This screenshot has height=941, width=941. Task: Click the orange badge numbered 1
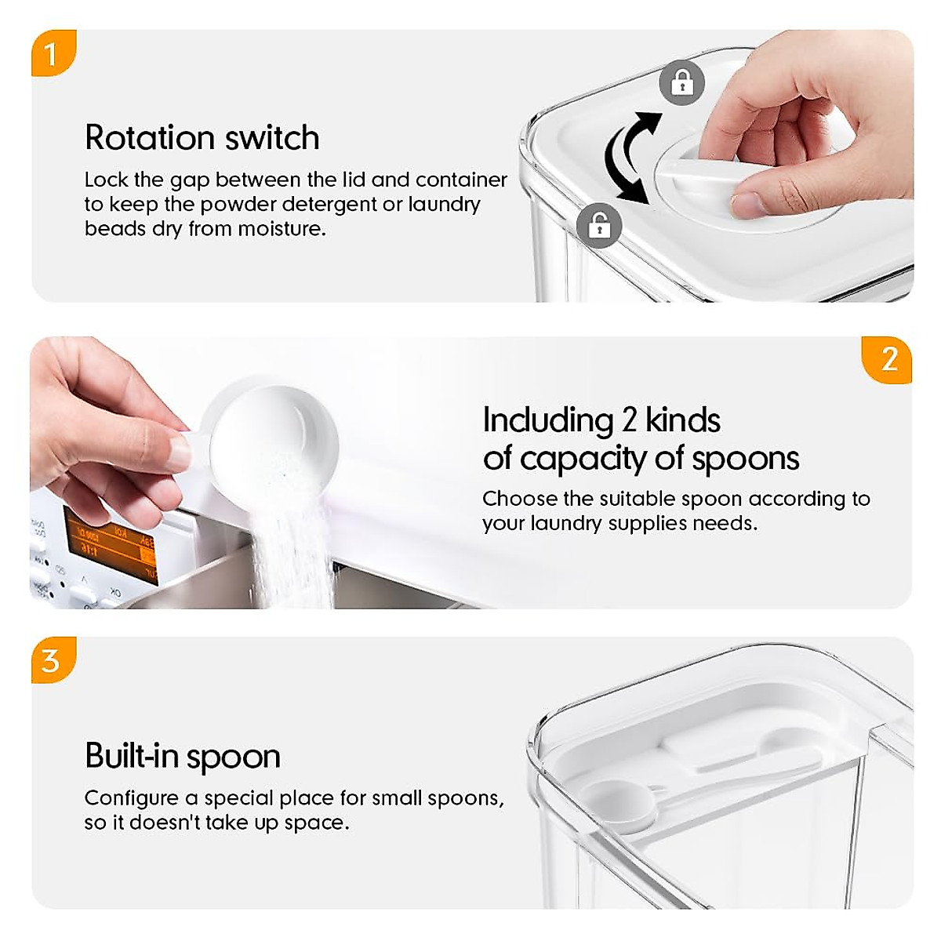point(52,53)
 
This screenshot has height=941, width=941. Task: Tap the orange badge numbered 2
point(888,360)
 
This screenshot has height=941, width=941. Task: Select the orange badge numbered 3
point(52,660)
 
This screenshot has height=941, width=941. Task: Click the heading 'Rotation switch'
point(202,138)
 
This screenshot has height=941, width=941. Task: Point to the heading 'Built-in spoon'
point(182,757)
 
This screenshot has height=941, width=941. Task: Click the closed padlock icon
point(681,82)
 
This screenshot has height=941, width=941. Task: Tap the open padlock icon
point(599,226)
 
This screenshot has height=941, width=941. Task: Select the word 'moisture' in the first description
point(280,229)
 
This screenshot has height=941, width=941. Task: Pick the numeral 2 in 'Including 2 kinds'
point(629,420)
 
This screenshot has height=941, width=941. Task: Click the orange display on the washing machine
point(110,544)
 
